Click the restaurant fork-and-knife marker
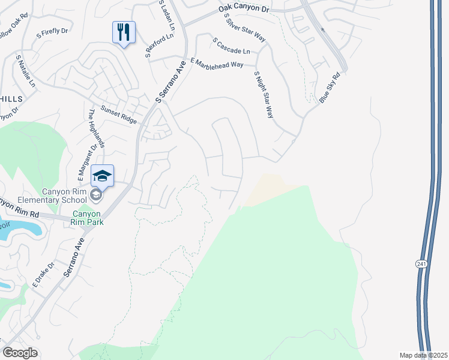(124, 32)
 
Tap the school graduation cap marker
(102, 176)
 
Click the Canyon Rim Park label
(88, 217)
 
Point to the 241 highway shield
(421, 263)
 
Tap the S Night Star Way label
(264, 95)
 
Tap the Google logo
(20, 353)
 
